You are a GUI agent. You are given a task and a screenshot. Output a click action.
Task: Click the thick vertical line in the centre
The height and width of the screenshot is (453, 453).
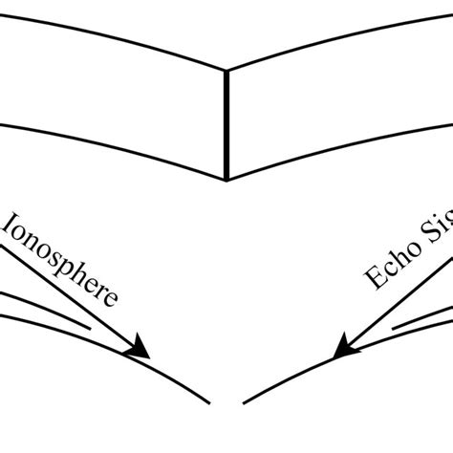click(x=226, y=124)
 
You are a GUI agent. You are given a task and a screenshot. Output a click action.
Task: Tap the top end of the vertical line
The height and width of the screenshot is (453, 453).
click(x=226, y=70)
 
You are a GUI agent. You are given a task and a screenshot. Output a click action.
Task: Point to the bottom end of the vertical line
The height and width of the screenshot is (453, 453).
click(x=226, y=179)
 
